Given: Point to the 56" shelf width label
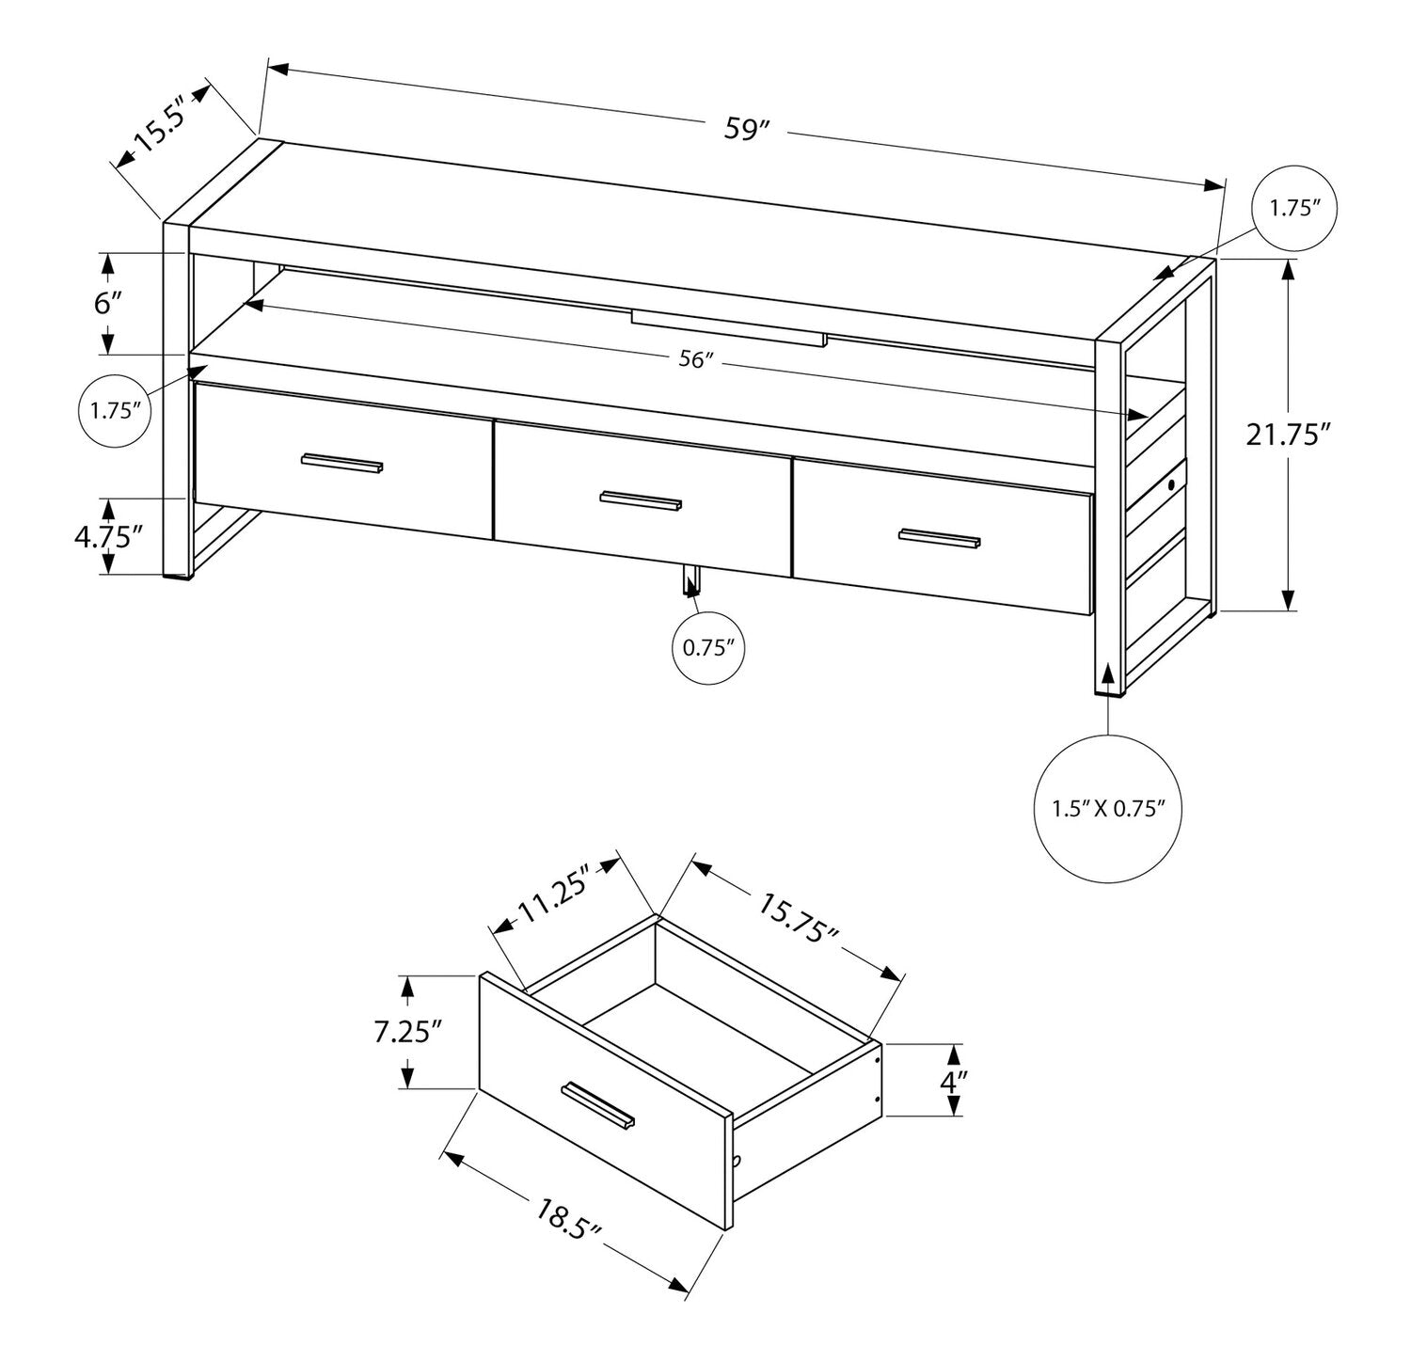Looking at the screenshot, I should click(x=696, y=360).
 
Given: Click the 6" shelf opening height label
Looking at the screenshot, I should click(x=109, y=304).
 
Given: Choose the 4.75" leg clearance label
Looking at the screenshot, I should click(x=108, y=536).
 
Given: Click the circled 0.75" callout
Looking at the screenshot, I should click(x=708, y=647).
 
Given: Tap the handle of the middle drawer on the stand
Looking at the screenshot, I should click(x=641, y=500).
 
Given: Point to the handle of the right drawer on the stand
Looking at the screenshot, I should click(x=939, y=538).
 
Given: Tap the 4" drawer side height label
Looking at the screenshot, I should click(x=954, y=1080).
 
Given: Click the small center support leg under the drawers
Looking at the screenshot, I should click(x=690, y=581).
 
